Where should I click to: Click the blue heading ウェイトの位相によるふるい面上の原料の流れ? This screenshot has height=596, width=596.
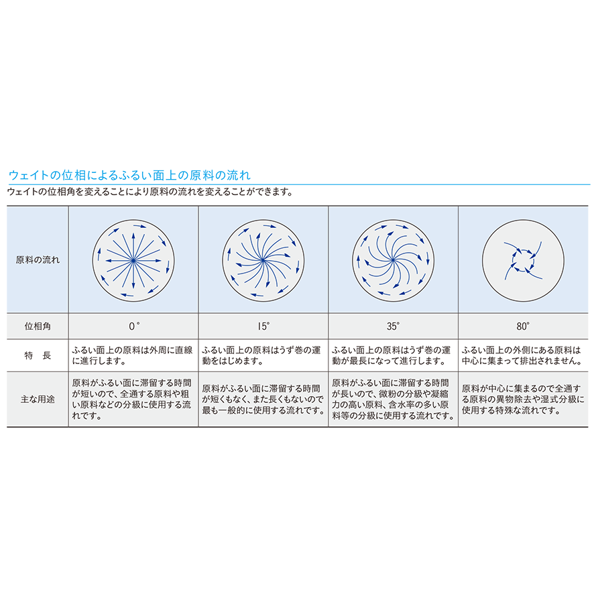point(129,175)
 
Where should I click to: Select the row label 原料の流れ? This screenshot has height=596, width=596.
point(38,260)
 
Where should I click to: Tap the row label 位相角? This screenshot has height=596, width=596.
point(38,326)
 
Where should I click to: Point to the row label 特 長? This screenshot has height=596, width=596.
point(38,355)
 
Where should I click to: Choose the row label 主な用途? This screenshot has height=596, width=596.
point(38,399)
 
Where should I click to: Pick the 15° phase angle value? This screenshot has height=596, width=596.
point(263,326)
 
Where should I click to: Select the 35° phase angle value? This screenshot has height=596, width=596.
point(394,326)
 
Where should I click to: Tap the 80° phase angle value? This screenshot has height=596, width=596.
point(523,326)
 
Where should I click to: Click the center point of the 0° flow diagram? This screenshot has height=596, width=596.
point(133,261)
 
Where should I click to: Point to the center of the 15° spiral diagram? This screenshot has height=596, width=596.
point(263,260)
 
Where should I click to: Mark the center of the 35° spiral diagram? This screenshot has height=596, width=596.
point(394,260)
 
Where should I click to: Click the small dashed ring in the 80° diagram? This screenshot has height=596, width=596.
point(524,250)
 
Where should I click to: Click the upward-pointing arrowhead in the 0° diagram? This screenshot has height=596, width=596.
point(133,236)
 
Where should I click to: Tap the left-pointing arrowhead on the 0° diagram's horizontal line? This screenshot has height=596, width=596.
point(109,261)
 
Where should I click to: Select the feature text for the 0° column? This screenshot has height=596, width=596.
point(132,355)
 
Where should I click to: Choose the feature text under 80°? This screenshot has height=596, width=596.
point(522,355)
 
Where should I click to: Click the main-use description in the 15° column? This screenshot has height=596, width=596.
point(263,399)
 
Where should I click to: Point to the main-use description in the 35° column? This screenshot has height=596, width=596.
point(393,399)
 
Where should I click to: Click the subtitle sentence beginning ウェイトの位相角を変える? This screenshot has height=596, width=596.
point(151,192)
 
